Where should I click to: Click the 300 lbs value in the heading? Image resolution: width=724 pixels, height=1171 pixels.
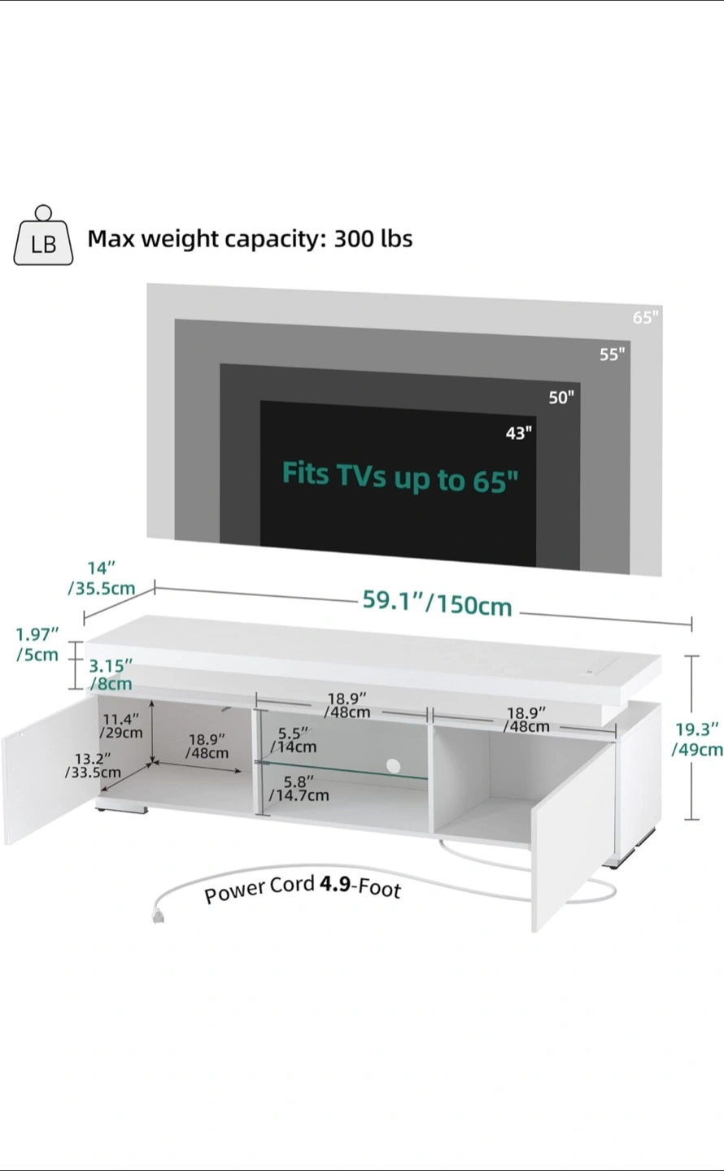[x=373, y=238]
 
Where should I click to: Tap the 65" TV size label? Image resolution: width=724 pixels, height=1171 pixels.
[x=646, y=317]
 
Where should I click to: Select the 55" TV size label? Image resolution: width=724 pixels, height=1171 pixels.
[x=612, y=355]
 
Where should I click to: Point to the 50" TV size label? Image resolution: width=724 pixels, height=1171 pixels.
[x=561, y=398]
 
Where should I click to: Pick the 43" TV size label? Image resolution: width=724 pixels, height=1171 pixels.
[x=519, y=433]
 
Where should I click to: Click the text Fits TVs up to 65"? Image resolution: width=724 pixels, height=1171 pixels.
[x=400, y=477]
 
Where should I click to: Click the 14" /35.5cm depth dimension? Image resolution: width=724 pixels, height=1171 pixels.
[x=102, y=578]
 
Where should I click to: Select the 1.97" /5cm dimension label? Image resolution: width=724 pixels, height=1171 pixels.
[x=37, y=645]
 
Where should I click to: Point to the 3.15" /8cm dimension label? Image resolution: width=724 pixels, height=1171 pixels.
[x=111, y=675]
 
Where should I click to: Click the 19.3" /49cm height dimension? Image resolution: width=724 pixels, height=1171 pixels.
[x=697, y=739]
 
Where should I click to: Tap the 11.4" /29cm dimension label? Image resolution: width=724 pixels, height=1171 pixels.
[x=121, y=725]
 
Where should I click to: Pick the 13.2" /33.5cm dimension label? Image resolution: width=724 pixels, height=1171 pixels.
[x=93, y=765]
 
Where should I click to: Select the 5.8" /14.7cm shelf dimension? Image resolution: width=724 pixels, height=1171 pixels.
[x=299, y=789]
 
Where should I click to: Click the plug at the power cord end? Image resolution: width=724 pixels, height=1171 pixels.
[x=158, y=915]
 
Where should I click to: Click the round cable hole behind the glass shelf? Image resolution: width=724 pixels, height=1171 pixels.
[x=394, y=766]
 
